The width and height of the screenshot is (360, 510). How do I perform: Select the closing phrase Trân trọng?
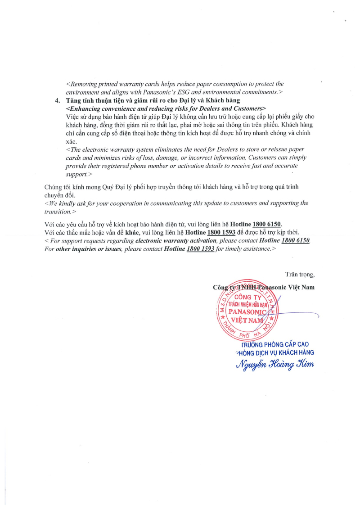[x=300, y=274]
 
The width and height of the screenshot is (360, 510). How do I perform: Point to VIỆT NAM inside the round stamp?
[x=246, y=320]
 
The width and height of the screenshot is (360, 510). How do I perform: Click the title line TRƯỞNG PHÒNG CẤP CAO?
[x=275, y=344]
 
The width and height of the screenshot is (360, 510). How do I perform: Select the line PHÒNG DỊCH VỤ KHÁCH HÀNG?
[x=275, y=353]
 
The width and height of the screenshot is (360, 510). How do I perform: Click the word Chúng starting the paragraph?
[x=53, y=187]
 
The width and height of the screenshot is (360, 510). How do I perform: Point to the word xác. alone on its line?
[x=72, y=141]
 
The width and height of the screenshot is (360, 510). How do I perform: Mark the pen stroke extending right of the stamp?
[x=301, y=313]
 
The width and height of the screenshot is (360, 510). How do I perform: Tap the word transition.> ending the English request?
[x=60, y=211]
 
